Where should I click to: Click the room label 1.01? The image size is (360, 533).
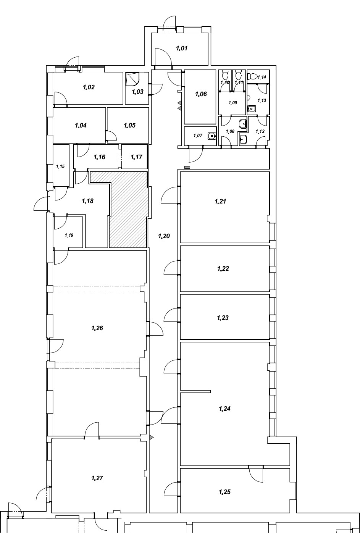click(x=182, y=48)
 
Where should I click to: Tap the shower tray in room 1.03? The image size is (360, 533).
click(x=132, y=79)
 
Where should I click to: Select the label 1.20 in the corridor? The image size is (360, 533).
click(x=164, y=236)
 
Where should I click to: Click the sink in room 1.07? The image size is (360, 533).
click(x=211, y=136)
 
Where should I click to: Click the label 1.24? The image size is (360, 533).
click(x=224, y=409)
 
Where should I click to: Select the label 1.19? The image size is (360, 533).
click(x=69, y=235)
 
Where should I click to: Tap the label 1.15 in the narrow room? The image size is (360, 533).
click(x=60, y=166)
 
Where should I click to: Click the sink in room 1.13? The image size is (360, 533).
click(x=251, y=109)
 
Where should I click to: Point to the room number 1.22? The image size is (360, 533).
click(x=223, y=269)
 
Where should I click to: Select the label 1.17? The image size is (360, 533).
click(x=136, y=157)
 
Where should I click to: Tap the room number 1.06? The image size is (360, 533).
click(x=201, y=94)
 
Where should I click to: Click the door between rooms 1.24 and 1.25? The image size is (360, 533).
click(x=256, y=475)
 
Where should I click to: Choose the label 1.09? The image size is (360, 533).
click(x=233, y=103)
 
